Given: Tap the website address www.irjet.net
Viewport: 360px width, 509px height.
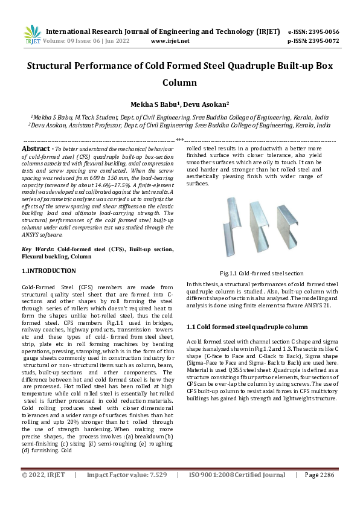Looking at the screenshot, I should [170, 41].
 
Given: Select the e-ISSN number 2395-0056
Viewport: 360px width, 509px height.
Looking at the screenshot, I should [323, 32].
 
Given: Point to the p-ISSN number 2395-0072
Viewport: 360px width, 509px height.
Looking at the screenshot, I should [323, 41].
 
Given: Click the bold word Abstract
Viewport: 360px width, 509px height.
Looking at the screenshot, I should [36, 149].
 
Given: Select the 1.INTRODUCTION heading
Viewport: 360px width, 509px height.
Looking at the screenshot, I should [48, 271].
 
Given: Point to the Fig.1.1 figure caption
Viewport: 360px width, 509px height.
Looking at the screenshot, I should [262, 273].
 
